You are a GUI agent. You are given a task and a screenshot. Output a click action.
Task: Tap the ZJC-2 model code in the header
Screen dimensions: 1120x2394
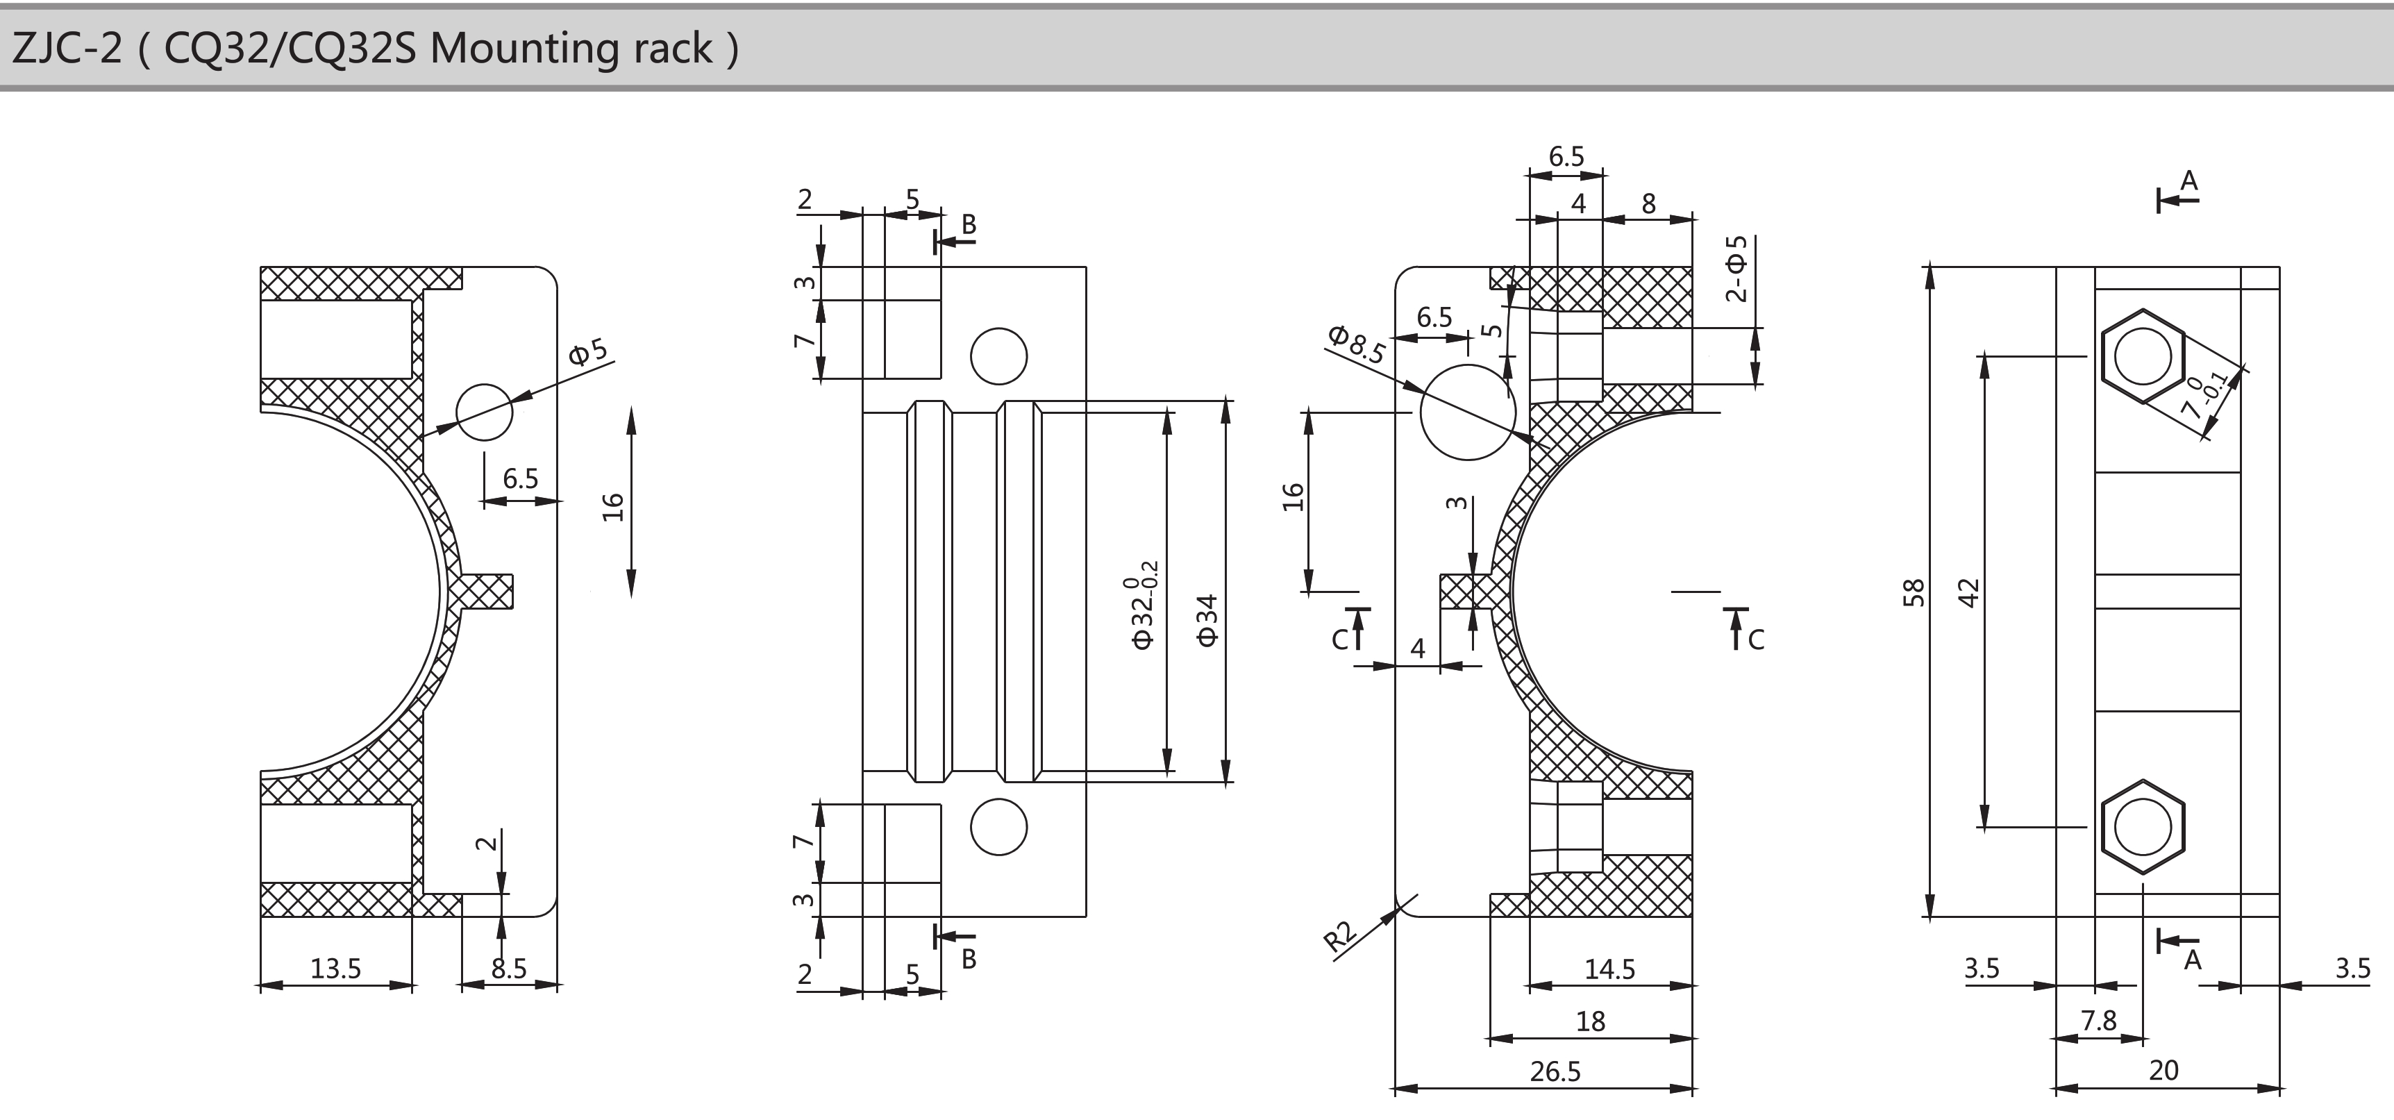coord(67,49)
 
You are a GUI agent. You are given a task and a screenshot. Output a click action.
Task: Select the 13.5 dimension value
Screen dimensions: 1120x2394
coord(335,969)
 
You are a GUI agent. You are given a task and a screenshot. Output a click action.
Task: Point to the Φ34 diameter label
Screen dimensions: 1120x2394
coord(1207,620)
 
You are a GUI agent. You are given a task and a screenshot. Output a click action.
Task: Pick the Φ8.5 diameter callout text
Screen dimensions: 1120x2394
coord(1357,344)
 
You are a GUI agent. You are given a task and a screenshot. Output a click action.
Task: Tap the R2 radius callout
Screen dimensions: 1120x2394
coord(1340,936)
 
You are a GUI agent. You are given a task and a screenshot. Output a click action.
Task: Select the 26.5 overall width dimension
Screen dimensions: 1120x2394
coord(1555,1071)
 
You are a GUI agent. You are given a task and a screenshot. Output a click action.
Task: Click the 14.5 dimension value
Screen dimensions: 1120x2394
coord(1609,969)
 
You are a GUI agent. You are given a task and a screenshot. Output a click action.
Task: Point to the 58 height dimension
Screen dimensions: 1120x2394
coord(1914,593)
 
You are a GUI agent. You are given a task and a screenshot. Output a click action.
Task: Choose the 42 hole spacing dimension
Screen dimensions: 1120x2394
coord(1969,593)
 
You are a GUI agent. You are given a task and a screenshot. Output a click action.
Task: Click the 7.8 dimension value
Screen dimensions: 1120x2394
coord(2098,1021)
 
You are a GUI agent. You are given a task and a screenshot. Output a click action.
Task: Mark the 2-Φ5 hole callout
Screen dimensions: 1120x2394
coord(1736,269)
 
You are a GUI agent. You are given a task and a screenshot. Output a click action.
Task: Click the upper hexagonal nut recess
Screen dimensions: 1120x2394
coord(2142,356)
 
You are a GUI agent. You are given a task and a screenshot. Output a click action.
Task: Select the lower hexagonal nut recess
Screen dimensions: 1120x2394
coord(2142,826)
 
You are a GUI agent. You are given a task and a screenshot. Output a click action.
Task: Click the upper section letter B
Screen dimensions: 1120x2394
coord(969,224)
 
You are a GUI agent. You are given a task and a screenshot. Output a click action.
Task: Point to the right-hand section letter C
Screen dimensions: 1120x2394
coord(1755,640)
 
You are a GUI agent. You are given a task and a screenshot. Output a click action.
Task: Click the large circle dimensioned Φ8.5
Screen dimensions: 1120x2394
coord(1468,412)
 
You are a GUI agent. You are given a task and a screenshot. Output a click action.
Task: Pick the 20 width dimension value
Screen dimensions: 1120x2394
coord(2163,1071)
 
